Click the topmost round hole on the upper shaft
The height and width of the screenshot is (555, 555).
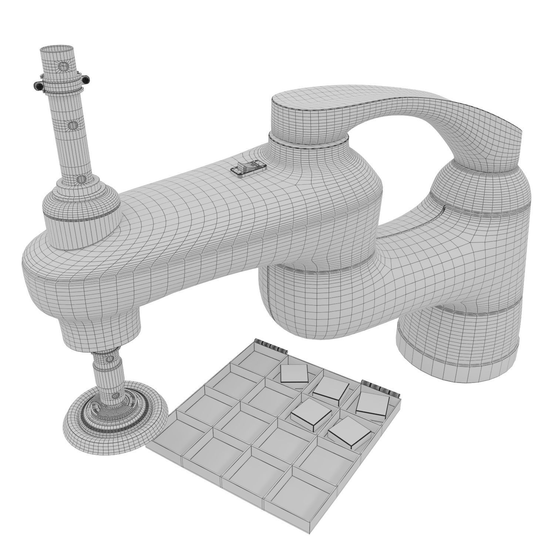click(x=64, y=66)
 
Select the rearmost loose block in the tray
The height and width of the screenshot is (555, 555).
click(x=294, y=374)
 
